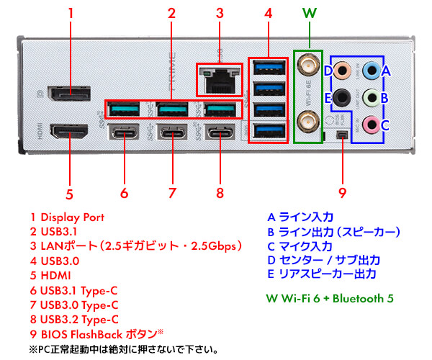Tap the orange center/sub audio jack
344,71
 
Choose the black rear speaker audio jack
344,97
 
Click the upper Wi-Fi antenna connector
310,66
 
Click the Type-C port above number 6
124,134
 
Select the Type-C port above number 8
220,134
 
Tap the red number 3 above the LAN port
220,13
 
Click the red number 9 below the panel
342,192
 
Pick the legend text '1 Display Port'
67,217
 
